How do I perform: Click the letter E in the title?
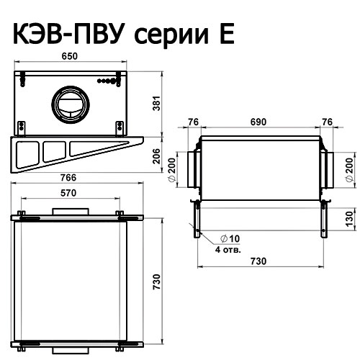point(227,35)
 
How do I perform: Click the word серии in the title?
point(171,37)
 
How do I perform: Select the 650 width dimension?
point(70,56)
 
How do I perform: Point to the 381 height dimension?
point(156,103)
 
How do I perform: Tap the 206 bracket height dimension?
point(156,156)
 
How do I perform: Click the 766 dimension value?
point(68,178)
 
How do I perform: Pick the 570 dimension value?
point(68,193)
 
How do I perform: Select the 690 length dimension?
point(258,122)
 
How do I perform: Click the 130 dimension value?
point(351,218)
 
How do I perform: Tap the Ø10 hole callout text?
point(230,238)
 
